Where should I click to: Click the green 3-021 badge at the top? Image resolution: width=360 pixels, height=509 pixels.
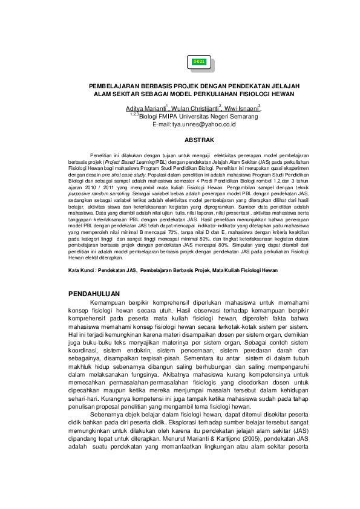pyautogui.click(x=199, y=62)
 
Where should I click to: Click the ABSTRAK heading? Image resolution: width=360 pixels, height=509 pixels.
pyautogui.click(x=195, y=140)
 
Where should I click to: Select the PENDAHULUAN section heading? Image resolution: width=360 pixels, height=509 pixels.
pyautogui.click(x=99, y=294)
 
